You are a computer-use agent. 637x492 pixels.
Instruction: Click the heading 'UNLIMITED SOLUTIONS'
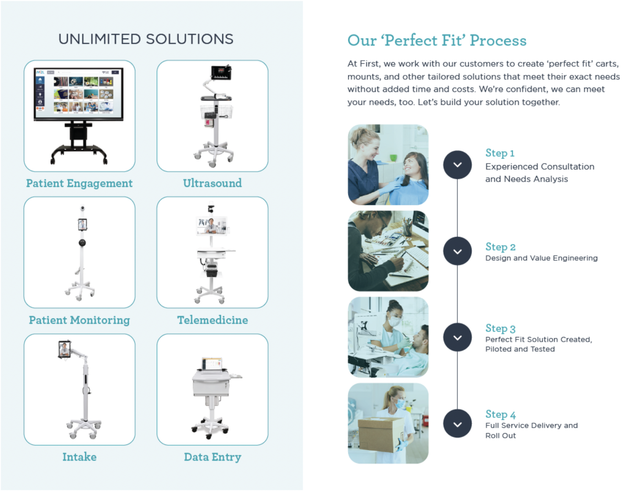pyautogui.click(x=146, y=39)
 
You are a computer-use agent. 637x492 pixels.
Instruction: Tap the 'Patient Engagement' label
pyautogui.click(x=79, y=183)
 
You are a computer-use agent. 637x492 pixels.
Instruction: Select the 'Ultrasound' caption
pyautogui.click(x=212, y=183)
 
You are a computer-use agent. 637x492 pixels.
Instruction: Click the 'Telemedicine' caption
pyautogui.click(x=212, y=320)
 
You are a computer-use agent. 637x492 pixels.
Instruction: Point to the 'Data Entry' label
pyautogui.click(x=212, y=457)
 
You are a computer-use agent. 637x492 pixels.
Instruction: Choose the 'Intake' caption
pyautogui.click(x=79, y=457)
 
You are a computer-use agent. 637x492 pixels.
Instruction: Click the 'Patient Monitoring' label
pyautogui.click(x=79, y=320)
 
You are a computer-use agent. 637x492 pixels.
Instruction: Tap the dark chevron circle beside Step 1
pyautogui.click(x=457, y=165)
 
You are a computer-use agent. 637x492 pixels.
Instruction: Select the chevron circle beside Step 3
pyautogui.click(x=457, y=337)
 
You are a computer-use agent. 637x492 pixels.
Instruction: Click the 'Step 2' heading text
pyautogui.click(x=500, y=247)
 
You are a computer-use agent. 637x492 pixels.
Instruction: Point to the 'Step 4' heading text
pyautogui.click(x=500, y=414)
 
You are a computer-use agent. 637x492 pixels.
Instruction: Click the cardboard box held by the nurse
pyautogui.click(x=380, y=434)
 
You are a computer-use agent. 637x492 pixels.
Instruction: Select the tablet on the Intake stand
pyautogui.click(x=65, y=349)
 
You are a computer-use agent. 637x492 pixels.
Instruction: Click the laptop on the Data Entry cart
pyautogui.click(x=212, y=364)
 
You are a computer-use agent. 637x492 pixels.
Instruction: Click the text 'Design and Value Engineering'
pyautogui.click(x=541, y=258)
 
